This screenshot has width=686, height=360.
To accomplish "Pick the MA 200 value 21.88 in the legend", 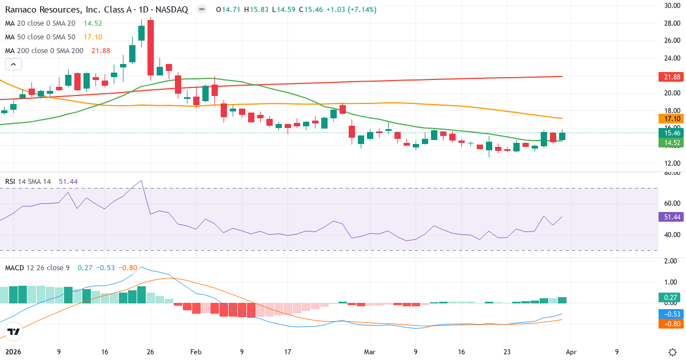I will (x=101, y=51).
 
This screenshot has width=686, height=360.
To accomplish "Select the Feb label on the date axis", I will (x=196, y=353).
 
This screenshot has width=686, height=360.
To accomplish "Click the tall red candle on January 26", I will (x=150, y=47).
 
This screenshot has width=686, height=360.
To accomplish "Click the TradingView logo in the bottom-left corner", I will (x=14, y=331).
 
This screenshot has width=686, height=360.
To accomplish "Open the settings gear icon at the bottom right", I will (x=672, y=352).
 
